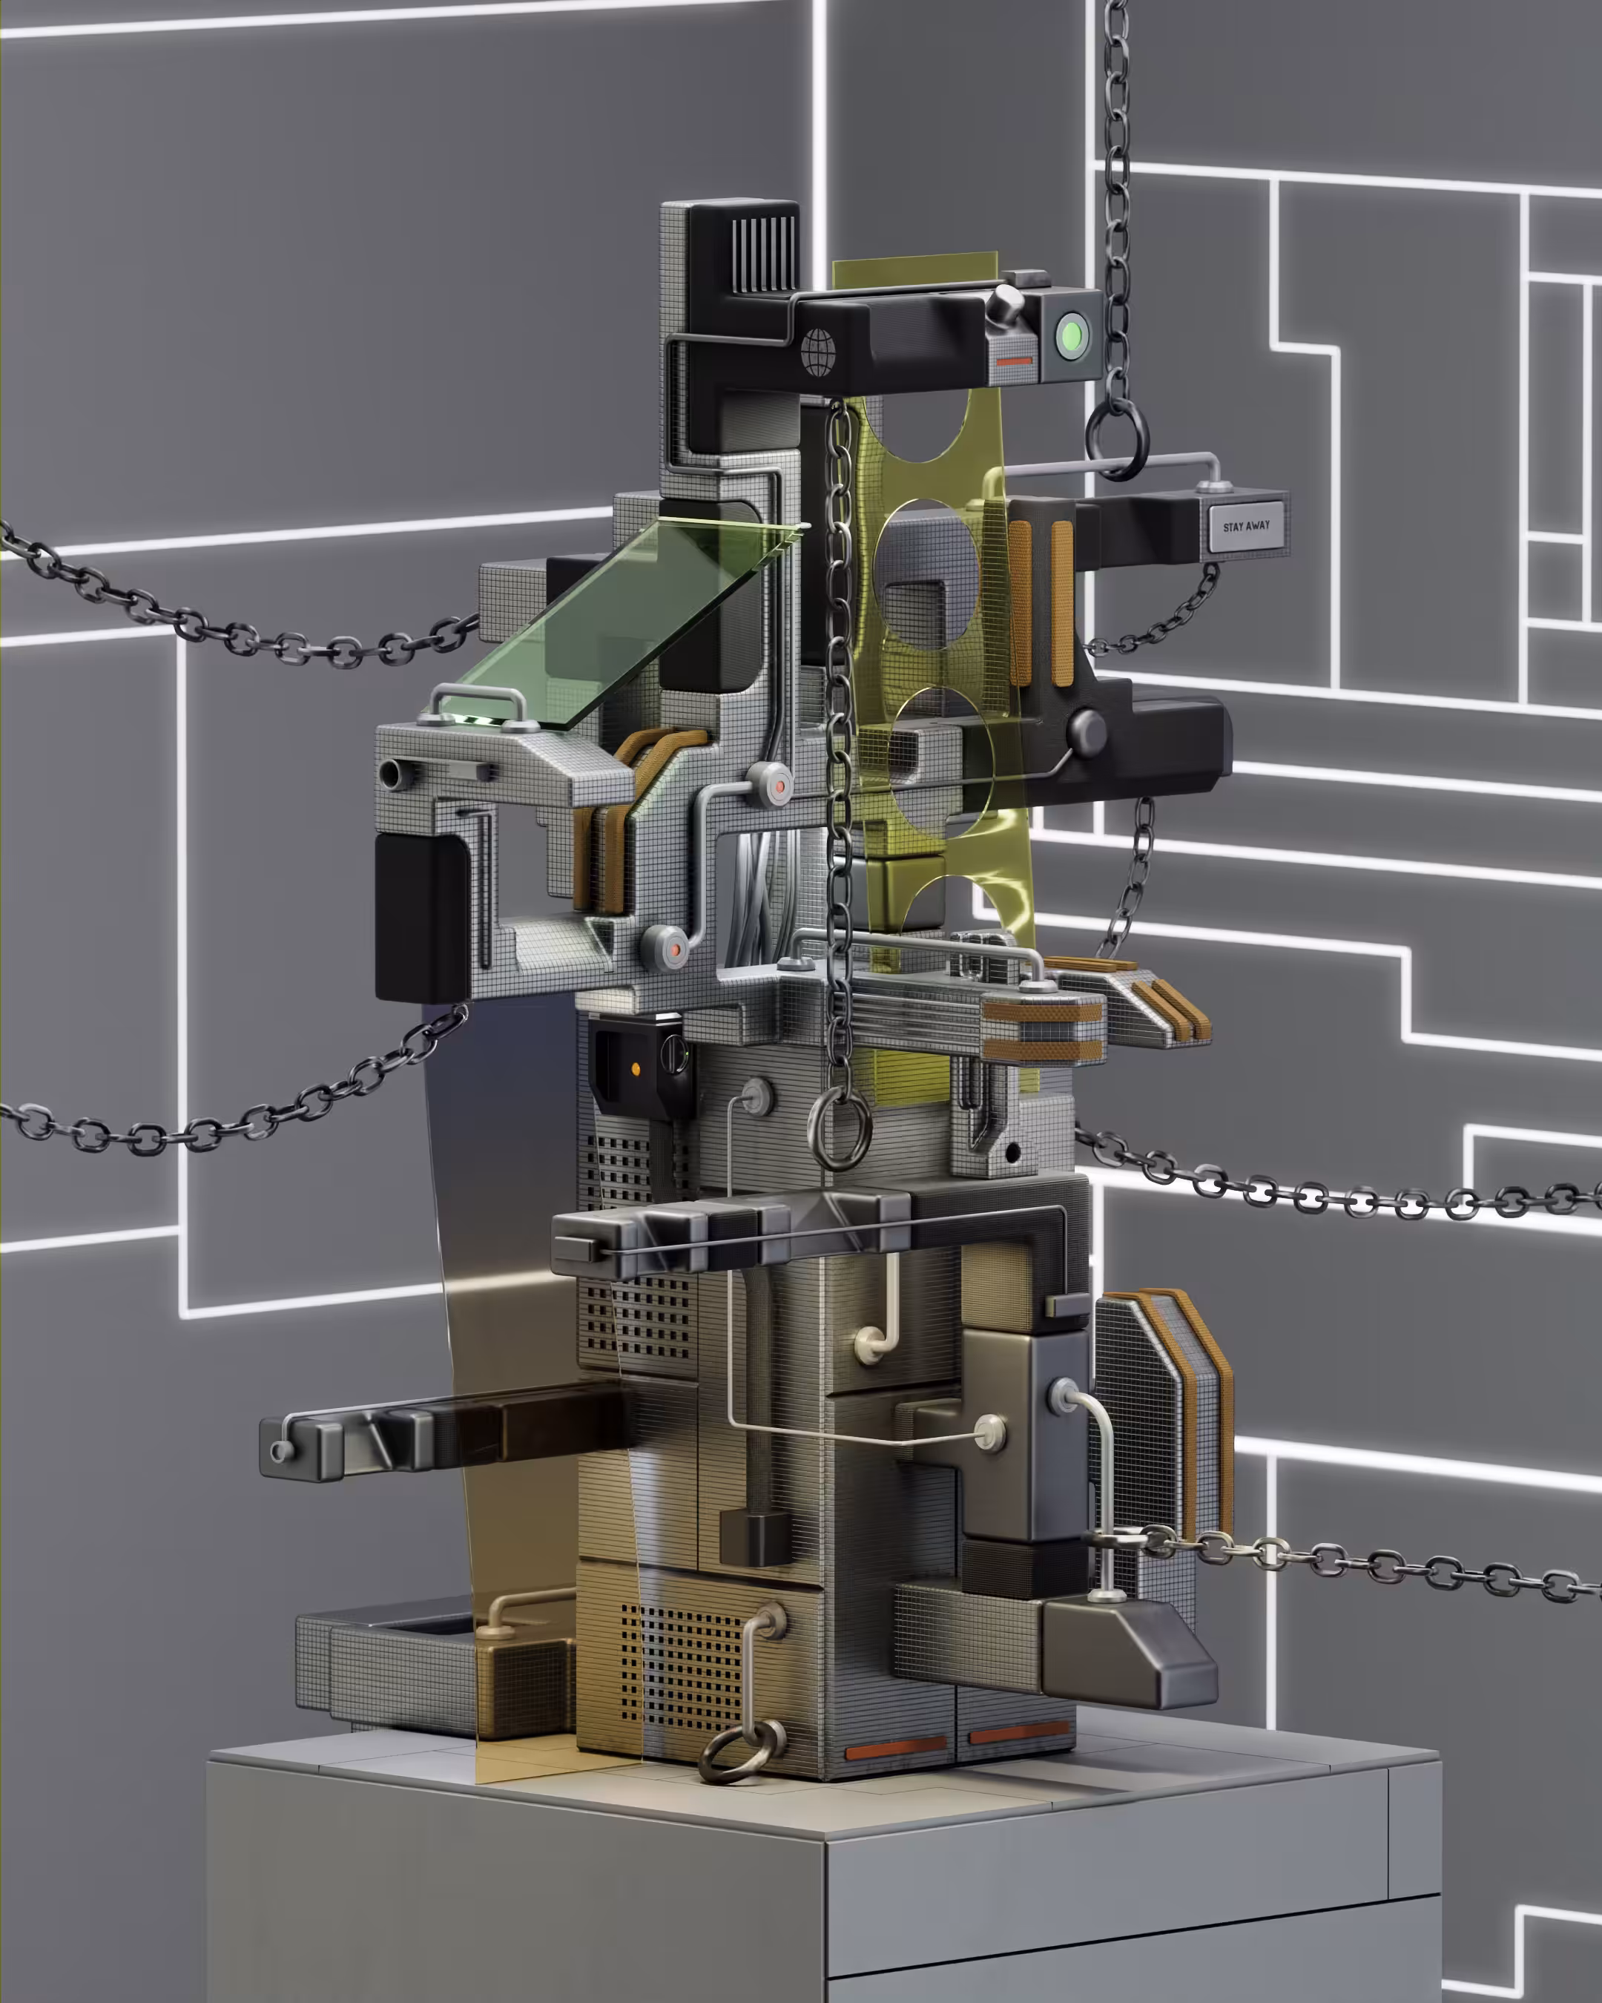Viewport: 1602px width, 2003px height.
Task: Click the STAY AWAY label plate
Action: (1246, 526)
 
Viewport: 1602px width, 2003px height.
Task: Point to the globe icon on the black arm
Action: (818, 352)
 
